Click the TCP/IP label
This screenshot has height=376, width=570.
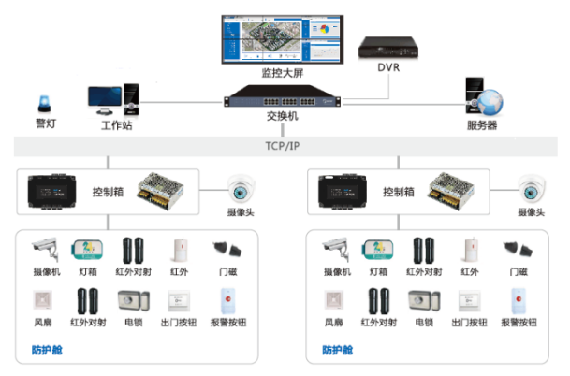click(x=282, y=147)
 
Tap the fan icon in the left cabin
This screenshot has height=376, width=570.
click(x=45, y=301)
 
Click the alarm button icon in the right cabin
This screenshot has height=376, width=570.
click(x=518, y=301)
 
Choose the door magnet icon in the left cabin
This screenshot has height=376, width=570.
click(x=227, y=249)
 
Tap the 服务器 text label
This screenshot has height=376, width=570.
click(x=482, y=125)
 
